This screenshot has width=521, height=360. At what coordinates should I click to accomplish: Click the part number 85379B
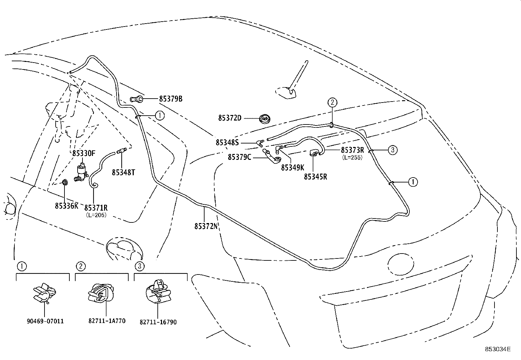pyautogui.click(x=171, y=98)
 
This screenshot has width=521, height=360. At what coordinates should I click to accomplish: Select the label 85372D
pyautogui.click(x=230, y=118)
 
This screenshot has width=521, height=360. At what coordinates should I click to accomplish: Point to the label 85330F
pyautogui.click(x=84, y=153)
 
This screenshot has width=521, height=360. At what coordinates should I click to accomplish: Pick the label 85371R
pyautogui.click(x=96, y=208)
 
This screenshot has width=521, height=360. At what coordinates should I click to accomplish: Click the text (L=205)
pyautogui.click(x=96, y=215)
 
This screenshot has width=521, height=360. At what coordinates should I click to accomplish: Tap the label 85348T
pyautogui.click(x=123, y=172)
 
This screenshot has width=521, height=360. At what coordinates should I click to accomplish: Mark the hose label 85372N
pyautogui.click(x=206, y=226)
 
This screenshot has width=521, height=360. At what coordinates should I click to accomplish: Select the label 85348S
pyautogui.click(x=227, y=142)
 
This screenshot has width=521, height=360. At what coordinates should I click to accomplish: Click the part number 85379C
pyautogui.click(x=240, y=157)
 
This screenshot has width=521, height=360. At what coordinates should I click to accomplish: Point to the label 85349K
pyautogui.click(x=293, y=167)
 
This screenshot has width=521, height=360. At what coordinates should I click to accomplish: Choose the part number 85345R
pyautogui.click(x=315, y=177)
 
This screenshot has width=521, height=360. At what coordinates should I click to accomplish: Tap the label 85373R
pyautogui.click(x=352, y=150)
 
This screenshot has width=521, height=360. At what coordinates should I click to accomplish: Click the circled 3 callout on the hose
pyautogui.click(x=393, y=150)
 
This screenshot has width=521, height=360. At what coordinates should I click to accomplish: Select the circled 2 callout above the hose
pyautogui.click(x=332, y=103)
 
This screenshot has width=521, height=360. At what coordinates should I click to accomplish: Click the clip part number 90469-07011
pyautogui.click(x=45, y=321)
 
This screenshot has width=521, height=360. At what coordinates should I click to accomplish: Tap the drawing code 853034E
pyautogui.click(x=498, y=349)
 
